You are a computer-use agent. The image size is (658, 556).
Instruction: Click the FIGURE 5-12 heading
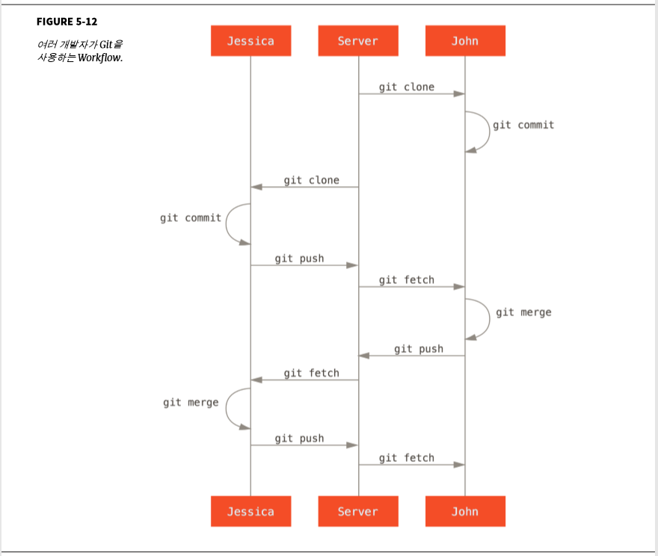click(x=67, y=22)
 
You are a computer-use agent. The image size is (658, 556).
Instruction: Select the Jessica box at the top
click(x=250, y=41)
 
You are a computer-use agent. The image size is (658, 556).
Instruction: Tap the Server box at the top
click(x=357, y=41)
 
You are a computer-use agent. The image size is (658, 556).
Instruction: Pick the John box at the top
click(x=464, y=41)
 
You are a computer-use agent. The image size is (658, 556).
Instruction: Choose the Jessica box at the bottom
click(x=250, y=512)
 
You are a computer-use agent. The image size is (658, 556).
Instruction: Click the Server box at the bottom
click(x=357, y=512)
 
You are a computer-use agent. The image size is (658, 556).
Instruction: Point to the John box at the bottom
click(x=464, y=512)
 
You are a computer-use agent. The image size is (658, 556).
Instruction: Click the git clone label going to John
click(x=406, y=87)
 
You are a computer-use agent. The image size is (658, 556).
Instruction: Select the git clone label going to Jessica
click(x=311, y=180)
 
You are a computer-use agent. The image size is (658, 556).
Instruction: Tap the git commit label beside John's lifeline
click(x=523, y=125)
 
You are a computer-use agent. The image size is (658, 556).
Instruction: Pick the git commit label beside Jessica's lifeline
click(x=191, y=218)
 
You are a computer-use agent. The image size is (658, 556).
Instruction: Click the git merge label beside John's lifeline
click(x=523, y=312)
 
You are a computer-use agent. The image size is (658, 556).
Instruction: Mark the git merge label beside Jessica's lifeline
click(x=191, y=403)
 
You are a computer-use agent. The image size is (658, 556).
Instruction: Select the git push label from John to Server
click(x=419, y=349)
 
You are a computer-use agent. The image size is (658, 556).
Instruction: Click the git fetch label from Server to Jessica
click(x=311, y=373)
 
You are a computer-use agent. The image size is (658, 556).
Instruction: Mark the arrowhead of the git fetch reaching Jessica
click(x=256, y=380)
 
